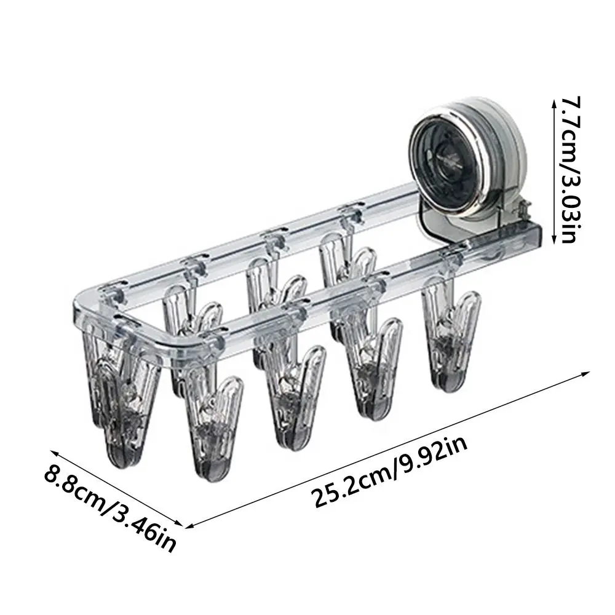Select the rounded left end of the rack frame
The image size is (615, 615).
(x=83, y=304)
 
